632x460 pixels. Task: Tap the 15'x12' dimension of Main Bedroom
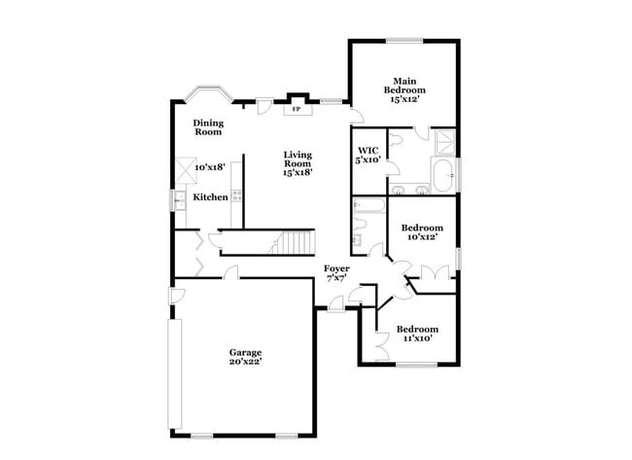point(404,99)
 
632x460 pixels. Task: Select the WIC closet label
point(368,150)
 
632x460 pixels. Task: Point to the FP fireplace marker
point(297,109)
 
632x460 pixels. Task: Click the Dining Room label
point(208,127)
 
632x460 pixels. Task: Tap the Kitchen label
point(210,197)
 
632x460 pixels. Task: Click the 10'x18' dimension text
point(210,167)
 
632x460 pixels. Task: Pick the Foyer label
point(337,268)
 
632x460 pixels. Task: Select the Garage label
point(245,352)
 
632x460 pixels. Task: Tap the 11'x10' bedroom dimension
point(416,338)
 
